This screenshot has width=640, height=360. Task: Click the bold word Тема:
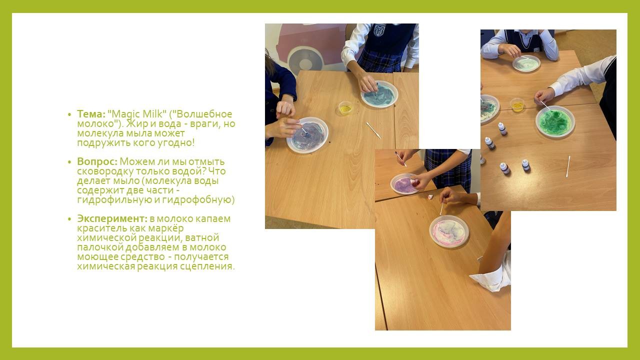(91, 114)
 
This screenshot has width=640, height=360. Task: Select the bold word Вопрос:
(97, 161)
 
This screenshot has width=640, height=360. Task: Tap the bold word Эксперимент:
(112, 218)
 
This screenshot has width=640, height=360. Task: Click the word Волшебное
(204, 114)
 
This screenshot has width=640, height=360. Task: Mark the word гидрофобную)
(198, 199)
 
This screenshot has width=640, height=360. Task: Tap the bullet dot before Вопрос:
(69, 162)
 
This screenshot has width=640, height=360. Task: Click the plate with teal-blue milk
(379, 94)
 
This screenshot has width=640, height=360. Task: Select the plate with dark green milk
(555, 121)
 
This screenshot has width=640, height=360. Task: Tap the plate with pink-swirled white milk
(449, 231)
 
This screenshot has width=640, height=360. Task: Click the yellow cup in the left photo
(345, 108)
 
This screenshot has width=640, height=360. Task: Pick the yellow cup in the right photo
(517, 105)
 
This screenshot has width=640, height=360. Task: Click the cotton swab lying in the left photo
(373, 130)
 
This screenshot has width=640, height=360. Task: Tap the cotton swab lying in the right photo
(568, 166)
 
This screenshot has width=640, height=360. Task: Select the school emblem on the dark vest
(379, 30)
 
